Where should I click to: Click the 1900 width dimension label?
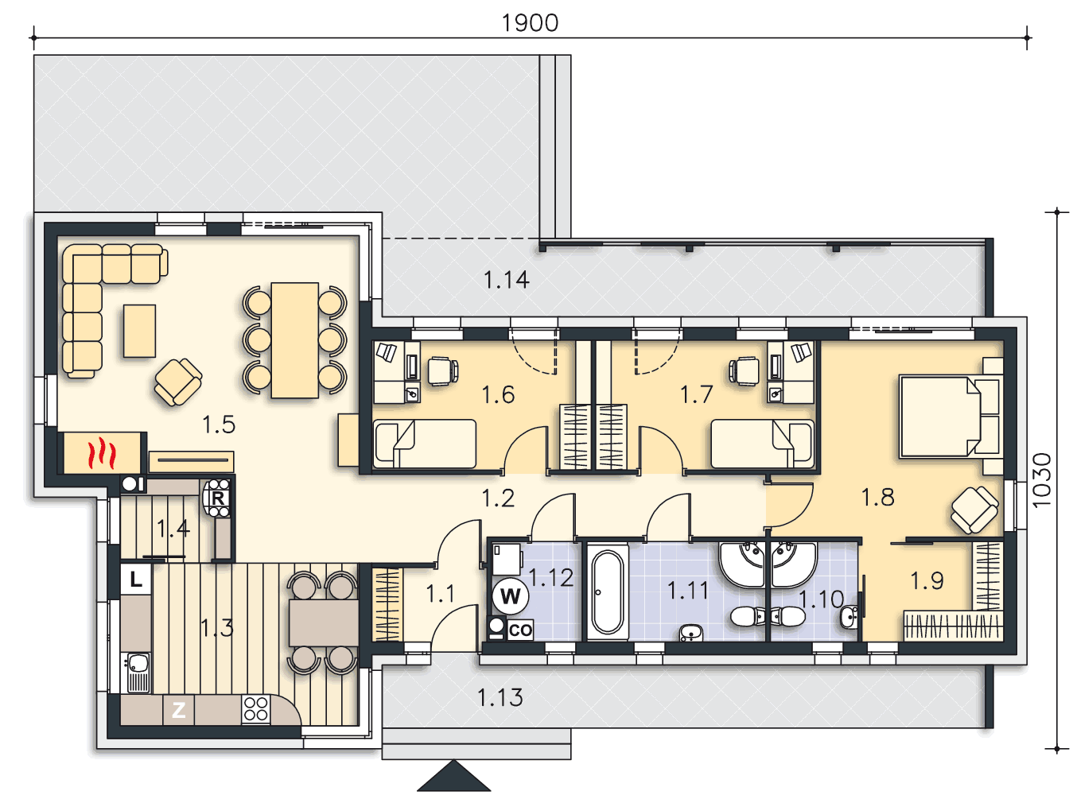click(530, 23)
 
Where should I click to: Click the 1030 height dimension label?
click(1041, 480)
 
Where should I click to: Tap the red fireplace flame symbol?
click(102, 452)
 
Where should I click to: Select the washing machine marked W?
click(511, 595)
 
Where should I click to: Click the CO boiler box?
click(520, 630)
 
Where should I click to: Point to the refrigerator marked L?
click(136, 579)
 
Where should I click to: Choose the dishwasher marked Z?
click(178, 710)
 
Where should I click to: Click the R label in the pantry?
click(218, 498)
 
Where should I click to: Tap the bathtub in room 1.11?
click(608, 592)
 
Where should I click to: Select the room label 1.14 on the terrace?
click(507, 280)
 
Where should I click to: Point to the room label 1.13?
click(500, 697)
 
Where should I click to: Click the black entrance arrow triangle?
click(453, 776)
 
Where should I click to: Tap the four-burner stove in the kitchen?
click(255, 709)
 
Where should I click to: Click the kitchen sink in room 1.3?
click(138, 672)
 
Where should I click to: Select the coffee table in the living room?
click(139, 331)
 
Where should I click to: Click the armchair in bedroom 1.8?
click(974, 510)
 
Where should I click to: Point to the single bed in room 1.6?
click(425, 444)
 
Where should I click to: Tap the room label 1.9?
click(927, 581)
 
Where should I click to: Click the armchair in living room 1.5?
click(178, 382)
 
